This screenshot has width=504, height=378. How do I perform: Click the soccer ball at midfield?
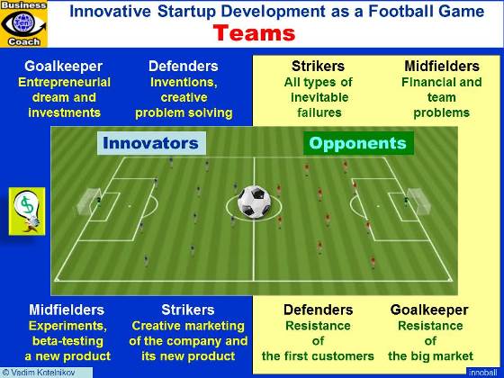point(254,202)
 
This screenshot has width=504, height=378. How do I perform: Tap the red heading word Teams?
point(254,34)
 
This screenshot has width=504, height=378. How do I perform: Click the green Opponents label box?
point(357,143)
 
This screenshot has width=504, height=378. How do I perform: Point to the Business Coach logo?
point(24,23)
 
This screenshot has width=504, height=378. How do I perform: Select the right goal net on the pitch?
point(417,203)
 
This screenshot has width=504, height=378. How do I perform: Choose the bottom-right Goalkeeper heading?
point(429,310)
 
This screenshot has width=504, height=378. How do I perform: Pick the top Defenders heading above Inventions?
point(183,66)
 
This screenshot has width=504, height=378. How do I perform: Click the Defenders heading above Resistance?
point(317,310)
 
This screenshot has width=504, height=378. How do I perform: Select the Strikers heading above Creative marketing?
point(188,310)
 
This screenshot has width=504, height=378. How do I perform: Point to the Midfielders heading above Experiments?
point(66,310)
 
